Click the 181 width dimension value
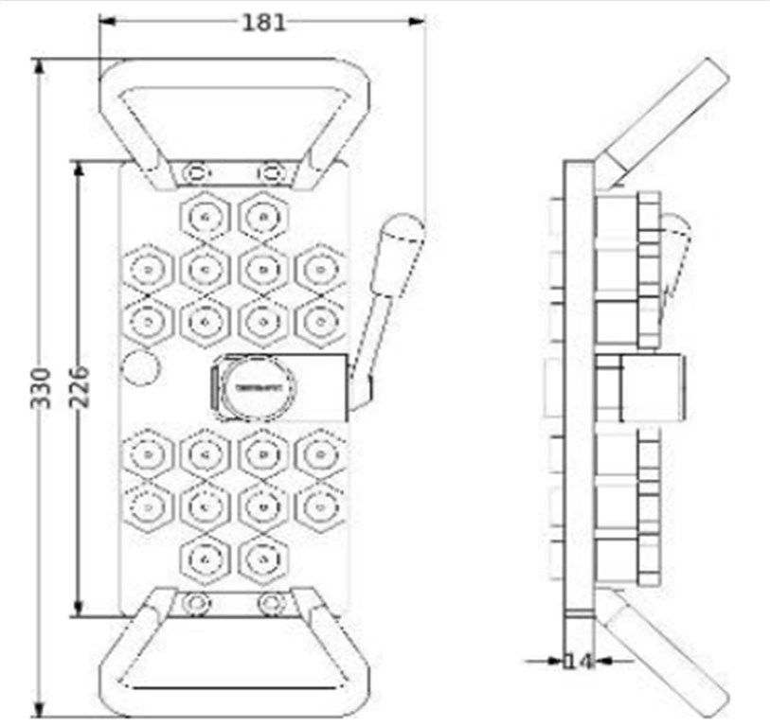[x=263, y=22]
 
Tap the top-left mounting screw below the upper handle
[x=196, y=173]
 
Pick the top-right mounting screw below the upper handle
[x=272, y=173]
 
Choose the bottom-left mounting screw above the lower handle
[x=196, y=603]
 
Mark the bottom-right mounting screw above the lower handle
[x=272, y=603]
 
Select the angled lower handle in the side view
[x=663, y=653]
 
